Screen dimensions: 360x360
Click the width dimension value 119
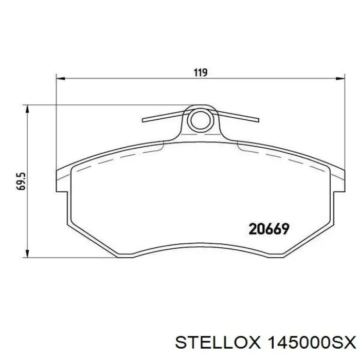point(200,73)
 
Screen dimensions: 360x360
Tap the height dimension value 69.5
point(21,181)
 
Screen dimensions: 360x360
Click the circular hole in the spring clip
point(198,121)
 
